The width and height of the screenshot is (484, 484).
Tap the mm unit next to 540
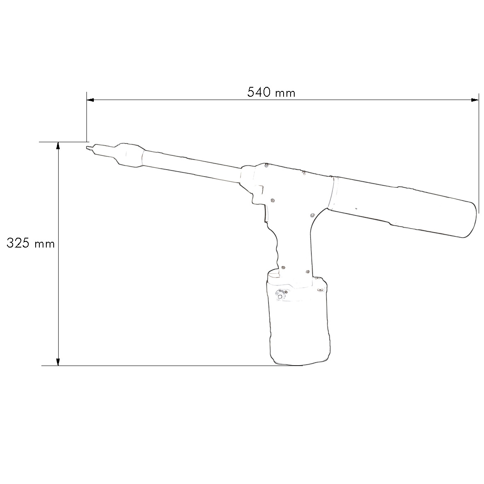click(x=285, y=93)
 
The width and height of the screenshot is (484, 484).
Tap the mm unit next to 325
click(x=44, y=244)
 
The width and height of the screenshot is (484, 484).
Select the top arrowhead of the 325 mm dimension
click(x=58, y=146)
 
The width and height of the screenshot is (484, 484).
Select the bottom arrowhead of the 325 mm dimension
click(x=58, y=361)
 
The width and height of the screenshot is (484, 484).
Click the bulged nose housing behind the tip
click(x=128, y=155)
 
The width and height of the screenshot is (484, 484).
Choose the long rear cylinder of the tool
click(x=404, y=207)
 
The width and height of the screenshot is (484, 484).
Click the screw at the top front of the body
click(x=267, y=166)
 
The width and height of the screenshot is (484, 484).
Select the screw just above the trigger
click(x=272, y=200)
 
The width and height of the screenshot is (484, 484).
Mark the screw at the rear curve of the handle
click(x=312, y=214)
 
